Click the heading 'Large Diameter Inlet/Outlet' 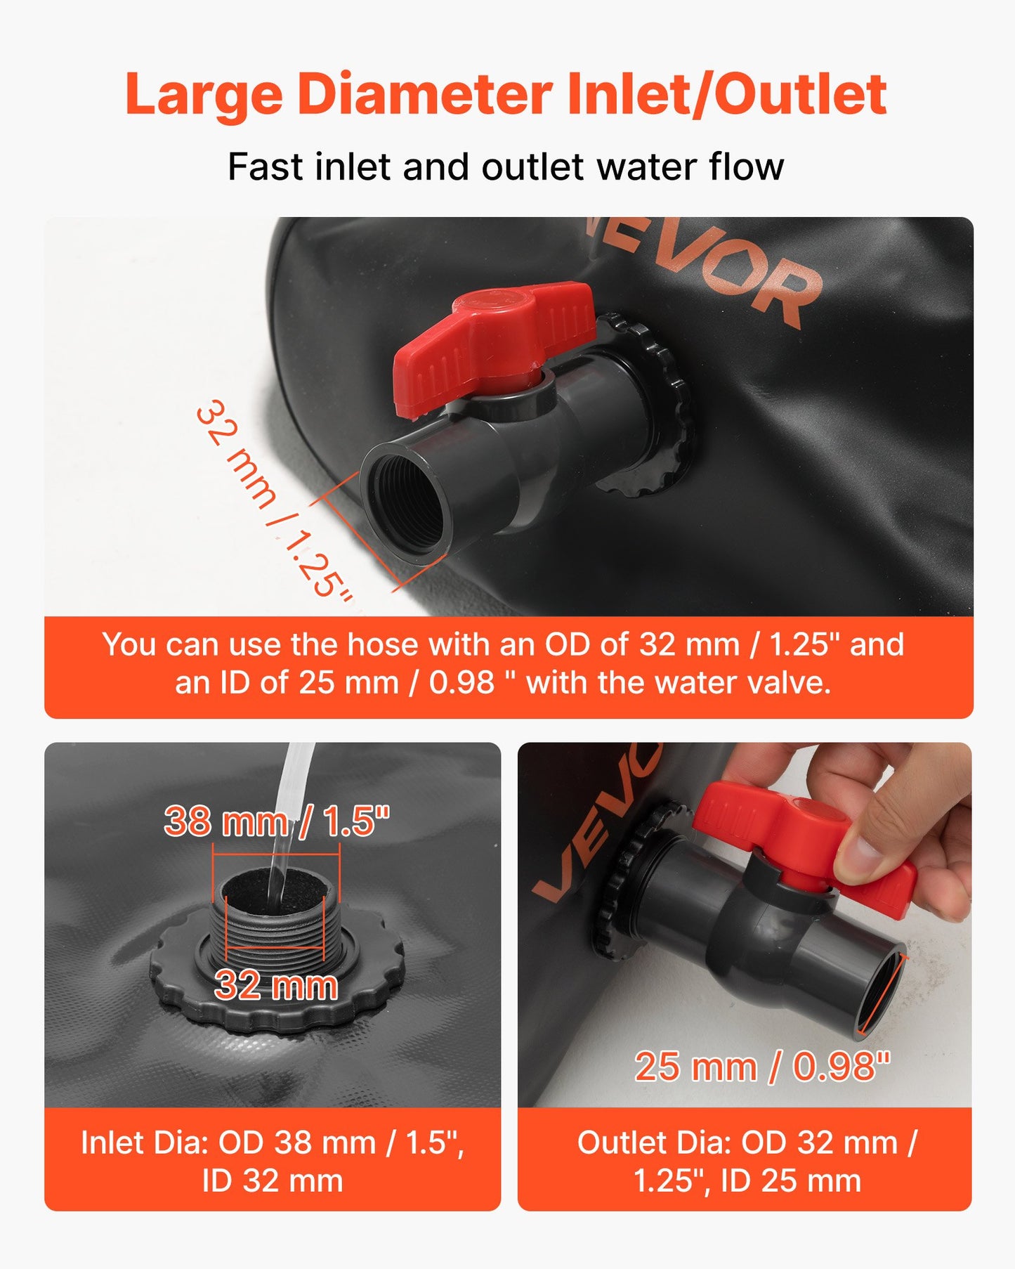click(x=506, y=95)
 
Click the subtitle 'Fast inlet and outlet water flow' click(x=506, y=167)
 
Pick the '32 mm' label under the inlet click(x=276, y=985)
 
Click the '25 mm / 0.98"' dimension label click(x=762, y=1067)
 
